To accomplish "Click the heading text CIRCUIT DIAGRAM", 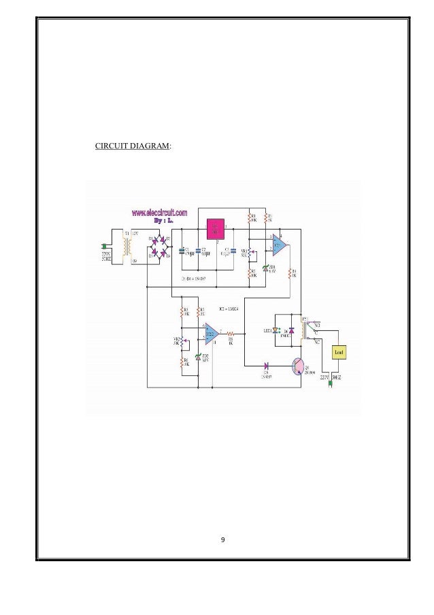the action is (132, 145).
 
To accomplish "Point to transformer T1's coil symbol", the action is (125, 247).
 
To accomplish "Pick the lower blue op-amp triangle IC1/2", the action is (211, 334).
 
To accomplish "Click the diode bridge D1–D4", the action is (161, 247).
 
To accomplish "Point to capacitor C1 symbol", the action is (181, 251).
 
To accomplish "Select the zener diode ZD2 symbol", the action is (199, 357).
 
